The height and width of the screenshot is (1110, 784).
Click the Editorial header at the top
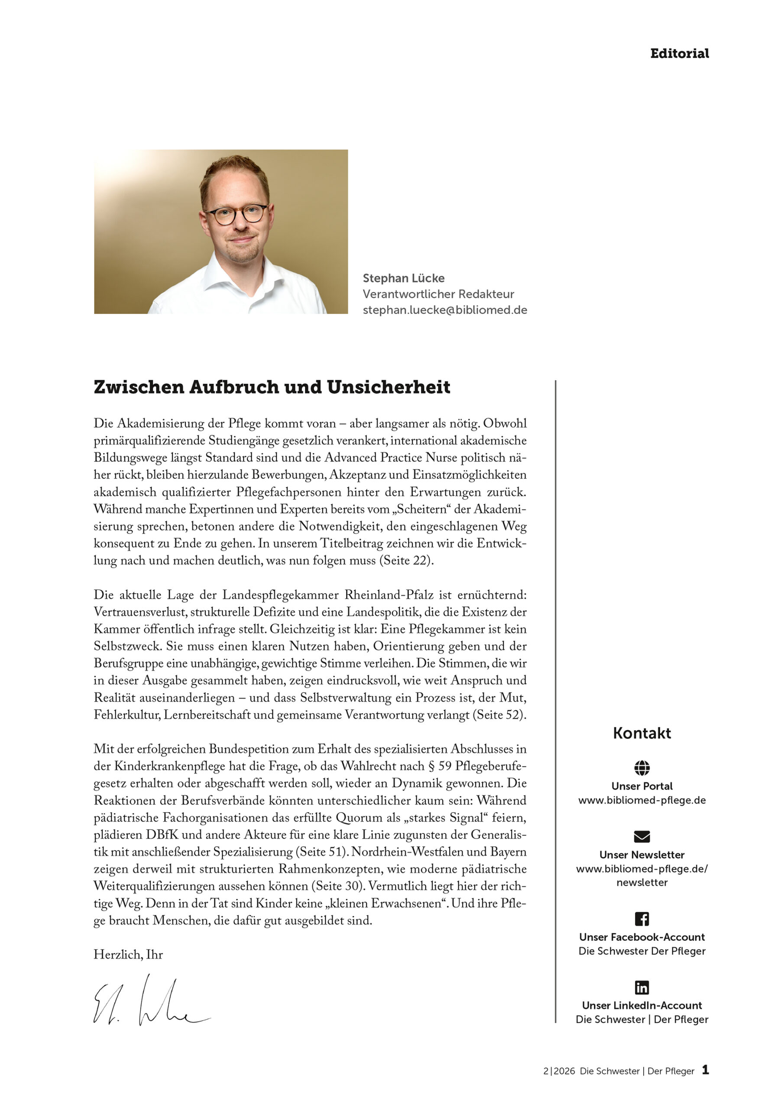[x=679, y=54]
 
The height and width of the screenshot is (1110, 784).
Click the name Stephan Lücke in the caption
[x=403, y=278]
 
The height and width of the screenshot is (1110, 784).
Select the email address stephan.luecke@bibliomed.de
[x=444, y=310]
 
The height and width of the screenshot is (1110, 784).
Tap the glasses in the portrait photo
[x=236, y=214]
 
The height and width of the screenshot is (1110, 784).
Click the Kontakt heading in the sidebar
[x=641, y=733]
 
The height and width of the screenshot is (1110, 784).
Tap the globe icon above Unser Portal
[x=641, y=768]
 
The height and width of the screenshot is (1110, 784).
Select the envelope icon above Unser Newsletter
[x=641, y=836]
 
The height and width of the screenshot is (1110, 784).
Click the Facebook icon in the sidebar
[x=641, y=918]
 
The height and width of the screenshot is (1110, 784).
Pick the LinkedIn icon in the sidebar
[x=641, y=987]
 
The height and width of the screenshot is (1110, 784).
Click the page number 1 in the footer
[x=705, y=1070]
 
